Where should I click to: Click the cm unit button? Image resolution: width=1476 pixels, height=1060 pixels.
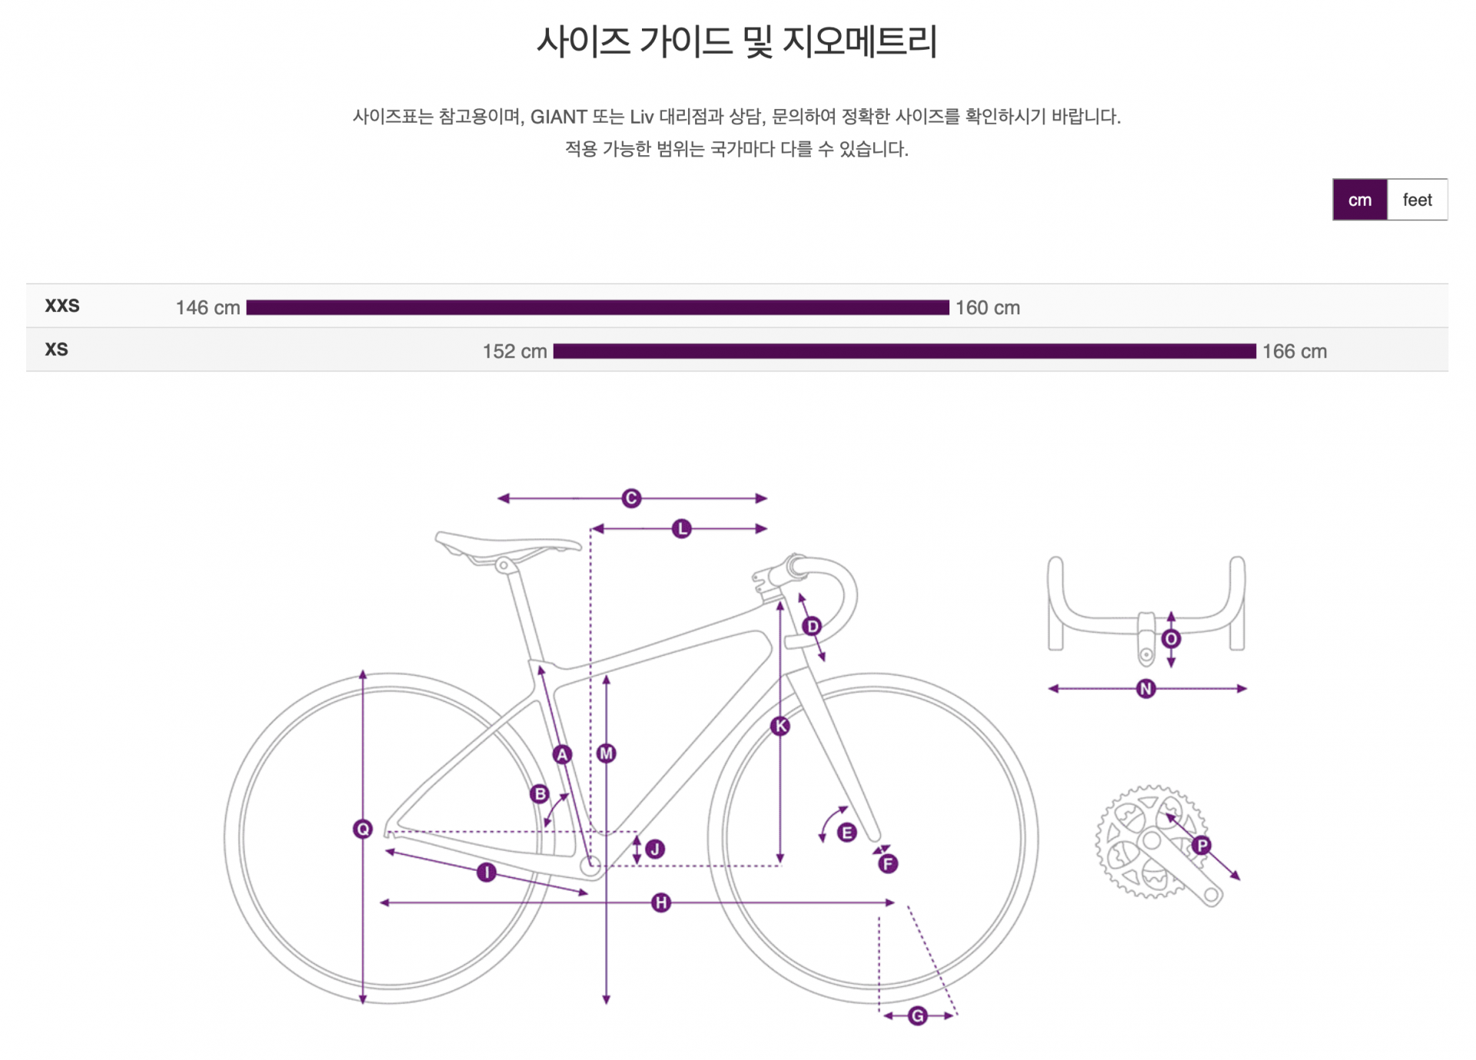(x=1359, y=200)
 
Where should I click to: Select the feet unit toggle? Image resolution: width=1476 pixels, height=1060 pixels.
(x=1417, y=200)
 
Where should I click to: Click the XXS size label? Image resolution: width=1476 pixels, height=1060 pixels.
(x=62, y=306)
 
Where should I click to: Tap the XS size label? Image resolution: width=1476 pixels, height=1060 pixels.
(x=57, y=350)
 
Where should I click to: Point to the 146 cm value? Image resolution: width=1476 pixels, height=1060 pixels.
(x=208, y=307)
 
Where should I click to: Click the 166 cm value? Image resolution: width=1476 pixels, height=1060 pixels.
(x=1294, y=351)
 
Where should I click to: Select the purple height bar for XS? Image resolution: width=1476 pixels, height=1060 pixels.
(x=904, y=351)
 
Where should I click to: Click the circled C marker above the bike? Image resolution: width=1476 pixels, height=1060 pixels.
(x=631, y=498)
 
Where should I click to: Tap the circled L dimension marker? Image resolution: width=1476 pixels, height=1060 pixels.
(x=681, y=529)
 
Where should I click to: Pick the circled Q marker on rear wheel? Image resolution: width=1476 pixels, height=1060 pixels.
(x=363, y=829)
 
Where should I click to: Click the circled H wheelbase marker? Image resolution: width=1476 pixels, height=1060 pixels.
(x=660, y=902)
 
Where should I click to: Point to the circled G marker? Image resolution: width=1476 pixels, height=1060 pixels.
(x=917, y=1016)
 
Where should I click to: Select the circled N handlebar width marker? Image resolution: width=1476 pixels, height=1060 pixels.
(x=1145, y=689)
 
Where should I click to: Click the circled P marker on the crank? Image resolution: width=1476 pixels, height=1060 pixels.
(x=1202, y=846)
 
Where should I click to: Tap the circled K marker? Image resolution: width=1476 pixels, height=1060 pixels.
(x=780, y=726)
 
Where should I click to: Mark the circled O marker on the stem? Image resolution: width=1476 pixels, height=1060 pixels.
(x=1171, y=639)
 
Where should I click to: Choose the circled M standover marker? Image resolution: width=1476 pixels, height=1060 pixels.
(x=606, y=753)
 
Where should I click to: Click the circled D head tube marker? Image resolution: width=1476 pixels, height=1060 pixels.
(x=812, y=626)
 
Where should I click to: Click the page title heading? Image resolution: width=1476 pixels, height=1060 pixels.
(x=736, y=42)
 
